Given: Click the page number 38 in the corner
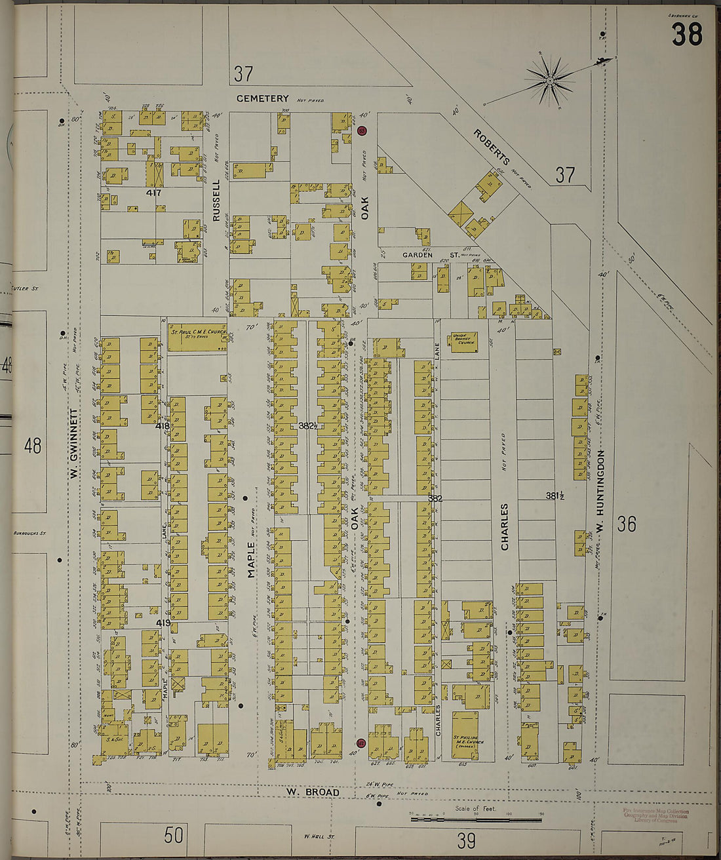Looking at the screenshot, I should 686,34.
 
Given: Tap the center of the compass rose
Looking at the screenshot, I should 551,81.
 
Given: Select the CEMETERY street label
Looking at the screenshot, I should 263,98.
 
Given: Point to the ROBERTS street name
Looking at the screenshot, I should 492,147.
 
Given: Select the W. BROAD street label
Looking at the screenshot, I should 312,792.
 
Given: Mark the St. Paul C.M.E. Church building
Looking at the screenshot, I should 197,336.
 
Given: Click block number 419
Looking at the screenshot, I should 163,622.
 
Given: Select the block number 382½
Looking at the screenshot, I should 307,425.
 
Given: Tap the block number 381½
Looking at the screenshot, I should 555,496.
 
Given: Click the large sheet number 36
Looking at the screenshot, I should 626,524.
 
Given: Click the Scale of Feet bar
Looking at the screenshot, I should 475,819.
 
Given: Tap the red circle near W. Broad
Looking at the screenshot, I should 360,743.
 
